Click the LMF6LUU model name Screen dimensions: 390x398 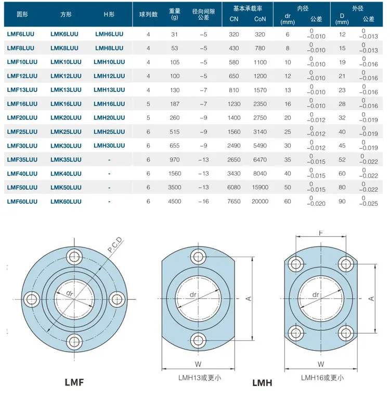[x=21, y=34]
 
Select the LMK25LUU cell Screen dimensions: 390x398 [x=66, y=132]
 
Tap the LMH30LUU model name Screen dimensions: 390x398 [x=109, y=145]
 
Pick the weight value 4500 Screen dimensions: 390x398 [x=175, y=202]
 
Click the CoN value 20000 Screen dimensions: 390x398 [x=260, y=202]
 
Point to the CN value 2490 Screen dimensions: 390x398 [x=234, y=145]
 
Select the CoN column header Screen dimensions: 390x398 [x=260, y=19]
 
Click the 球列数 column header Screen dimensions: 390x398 [x=148, y=15]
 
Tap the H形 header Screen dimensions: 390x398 [x=109, y=15]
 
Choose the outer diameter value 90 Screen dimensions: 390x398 [x=342, y=202]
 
